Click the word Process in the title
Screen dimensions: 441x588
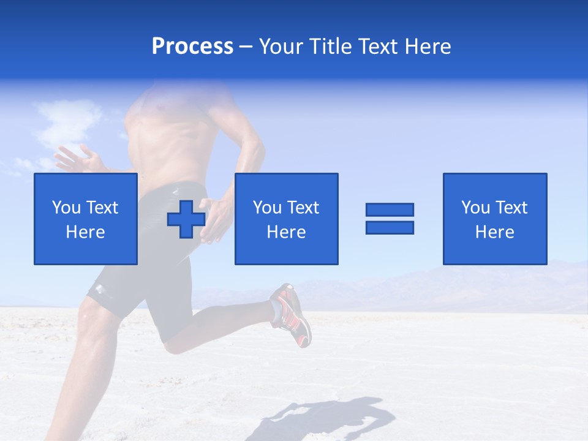(x=192, y=47)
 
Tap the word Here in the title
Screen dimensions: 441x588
(x=427, y=47)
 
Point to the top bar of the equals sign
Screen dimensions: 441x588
(x=390, y=209)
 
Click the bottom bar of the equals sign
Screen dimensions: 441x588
(x=390, y=227)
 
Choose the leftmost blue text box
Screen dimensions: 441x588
(x=86, y=219)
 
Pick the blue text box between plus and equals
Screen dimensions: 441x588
(x=286, y=219)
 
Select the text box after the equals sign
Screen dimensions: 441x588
(x=494, y=219)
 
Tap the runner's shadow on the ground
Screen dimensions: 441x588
(x=331, y=417)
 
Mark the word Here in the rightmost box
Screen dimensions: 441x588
(x=494, y=232)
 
